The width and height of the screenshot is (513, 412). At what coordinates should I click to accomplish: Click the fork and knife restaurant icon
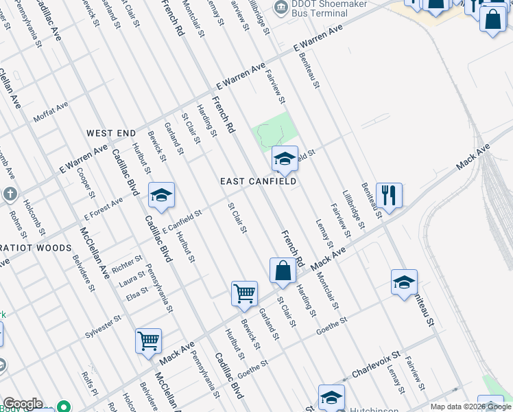tap(389, 195)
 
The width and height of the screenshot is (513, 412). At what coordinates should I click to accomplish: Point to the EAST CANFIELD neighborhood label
tap(258, 181)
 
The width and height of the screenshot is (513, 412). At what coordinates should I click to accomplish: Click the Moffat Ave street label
tap(51, 113)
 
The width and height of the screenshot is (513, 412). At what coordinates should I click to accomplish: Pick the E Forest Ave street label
tap(103, 207)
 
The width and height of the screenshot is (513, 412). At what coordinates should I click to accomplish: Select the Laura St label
tap(132, 280)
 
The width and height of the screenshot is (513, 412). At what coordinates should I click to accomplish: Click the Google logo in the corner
tap(23, 404)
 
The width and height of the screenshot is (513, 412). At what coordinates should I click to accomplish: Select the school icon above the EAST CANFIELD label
tap(285, 159)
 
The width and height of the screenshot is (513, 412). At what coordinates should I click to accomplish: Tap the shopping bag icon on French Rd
tap(283, 271)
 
